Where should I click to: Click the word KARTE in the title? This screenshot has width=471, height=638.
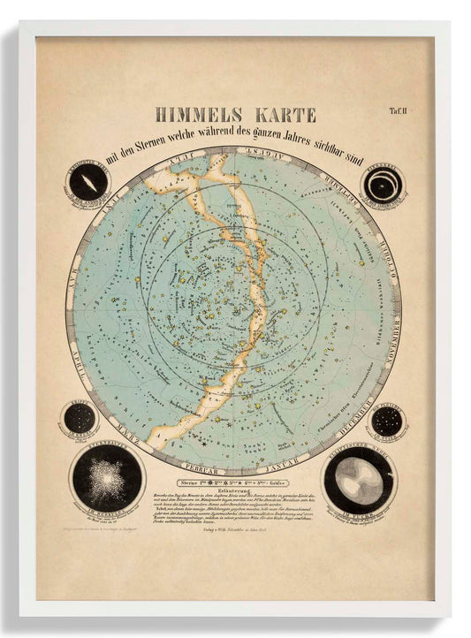point(283,115)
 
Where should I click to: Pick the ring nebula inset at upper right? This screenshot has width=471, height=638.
point(383,184)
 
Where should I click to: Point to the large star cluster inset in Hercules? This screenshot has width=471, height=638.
point(108,477)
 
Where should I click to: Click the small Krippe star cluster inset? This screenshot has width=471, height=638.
point(78,419)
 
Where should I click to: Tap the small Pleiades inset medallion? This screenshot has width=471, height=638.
point(386,422)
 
